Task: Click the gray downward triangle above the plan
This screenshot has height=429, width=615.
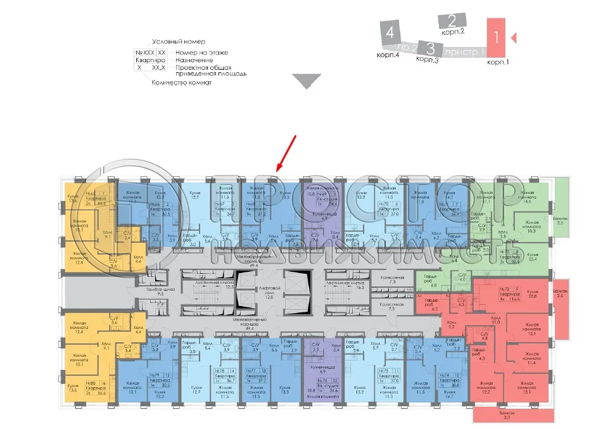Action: click(x=309, y=81)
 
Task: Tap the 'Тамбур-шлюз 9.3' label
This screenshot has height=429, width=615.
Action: click(x=152, y=291)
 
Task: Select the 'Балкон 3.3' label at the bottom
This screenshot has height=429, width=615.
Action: click(x=504, y=414)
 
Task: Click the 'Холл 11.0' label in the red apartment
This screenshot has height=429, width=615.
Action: click(x=496, y=320)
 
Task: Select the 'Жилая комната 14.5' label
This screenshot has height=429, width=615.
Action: click(x=527, y=197)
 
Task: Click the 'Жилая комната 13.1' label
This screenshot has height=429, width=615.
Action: click(x=526, y=387)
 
